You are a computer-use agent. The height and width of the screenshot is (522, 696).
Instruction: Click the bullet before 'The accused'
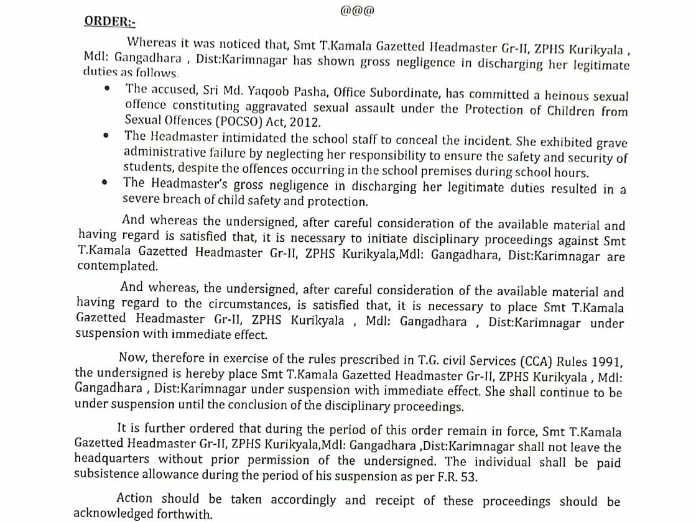pyautogui.click(x=108, y=90)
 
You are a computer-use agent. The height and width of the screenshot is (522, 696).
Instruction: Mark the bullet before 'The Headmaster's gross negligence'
pyautogui.click(x=106, y=183)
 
